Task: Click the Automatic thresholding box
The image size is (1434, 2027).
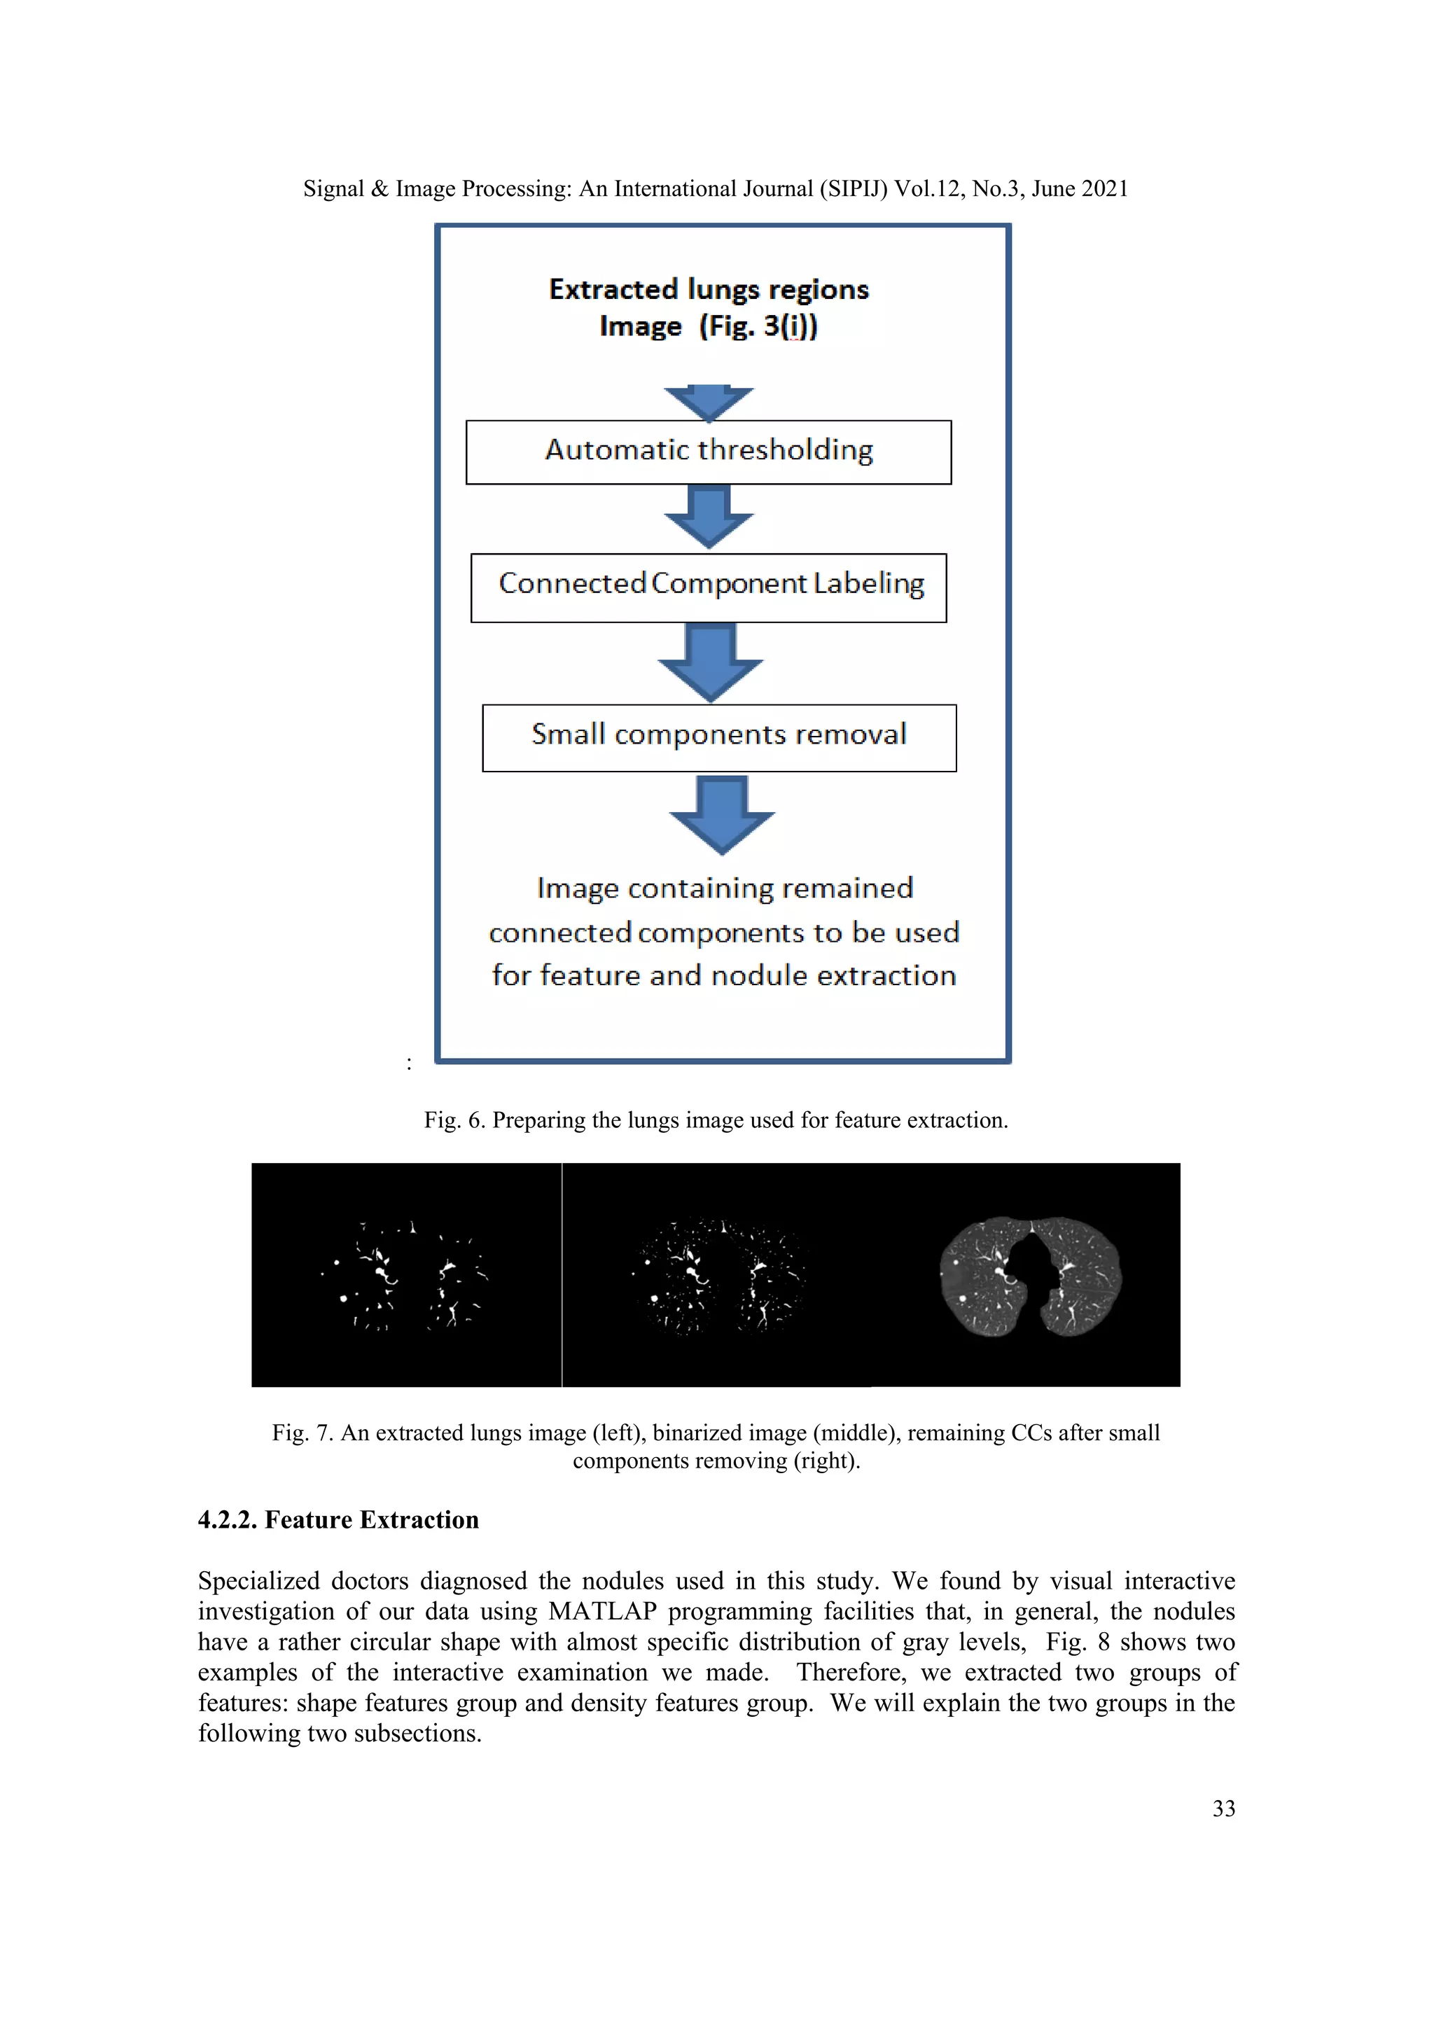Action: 708,452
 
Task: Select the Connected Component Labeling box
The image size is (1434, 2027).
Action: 708,588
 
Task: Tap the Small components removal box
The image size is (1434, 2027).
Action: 719,737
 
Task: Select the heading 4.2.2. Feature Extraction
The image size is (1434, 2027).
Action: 338,1519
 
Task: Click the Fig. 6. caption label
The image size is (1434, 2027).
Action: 454,1120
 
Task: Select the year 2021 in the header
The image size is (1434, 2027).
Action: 1104,189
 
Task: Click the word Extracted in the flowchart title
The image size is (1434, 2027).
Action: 613,290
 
